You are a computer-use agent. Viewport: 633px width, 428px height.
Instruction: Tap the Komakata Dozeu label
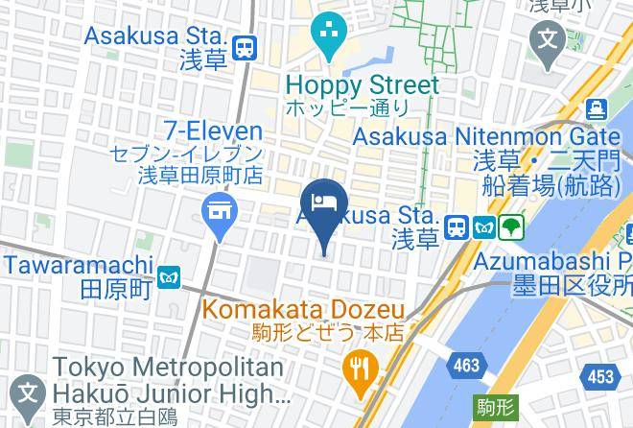pos(302,310)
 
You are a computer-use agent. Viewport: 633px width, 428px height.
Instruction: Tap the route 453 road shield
pos(601,377)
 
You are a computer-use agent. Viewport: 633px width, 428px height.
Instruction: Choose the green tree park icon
pos(512,227)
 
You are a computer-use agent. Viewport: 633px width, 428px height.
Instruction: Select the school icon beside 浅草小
pos(549,40)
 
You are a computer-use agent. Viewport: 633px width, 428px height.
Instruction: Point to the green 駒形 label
pos(490,406)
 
